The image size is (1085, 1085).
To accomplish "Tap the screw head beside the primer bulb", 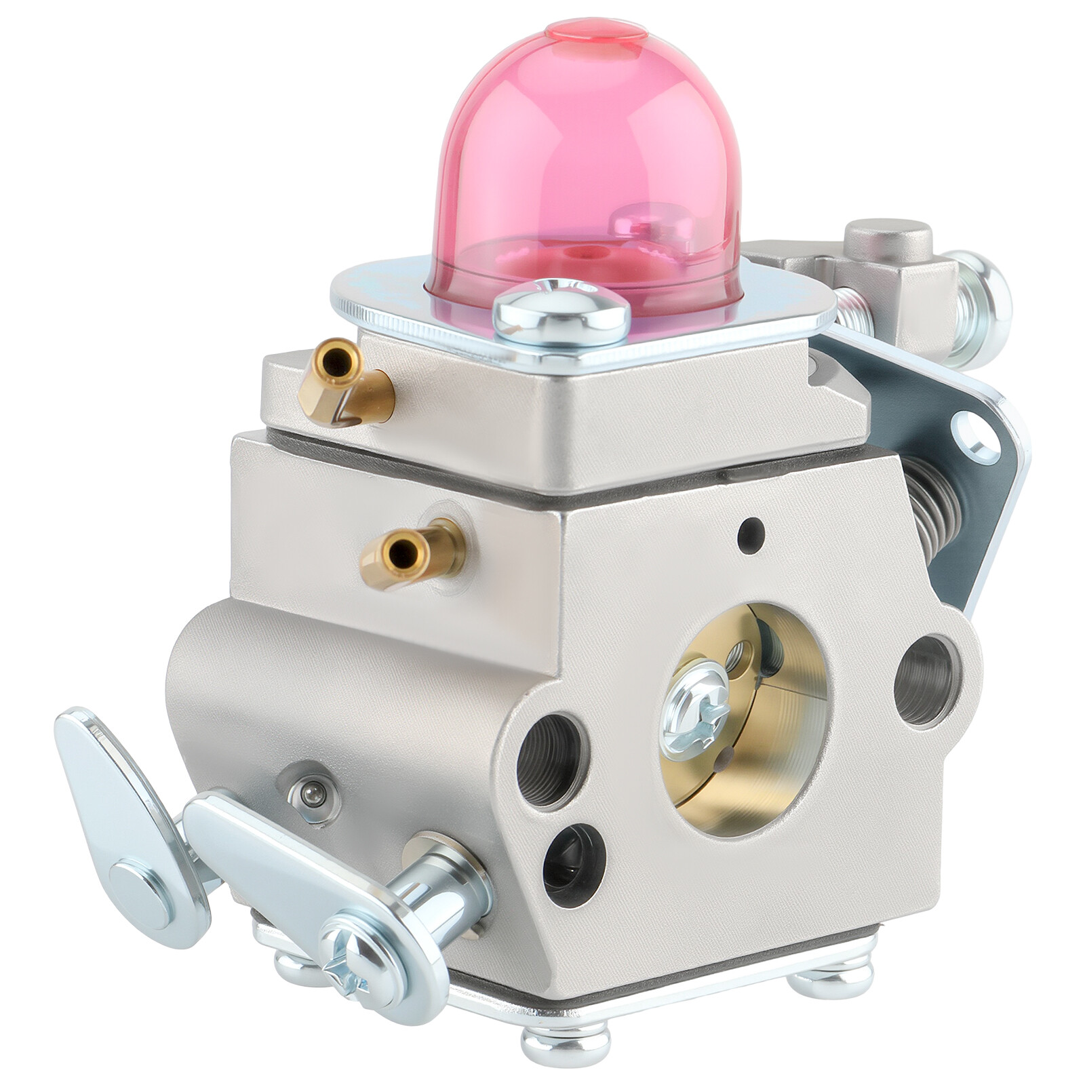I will pyautogui.click(x=561, y=311).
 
